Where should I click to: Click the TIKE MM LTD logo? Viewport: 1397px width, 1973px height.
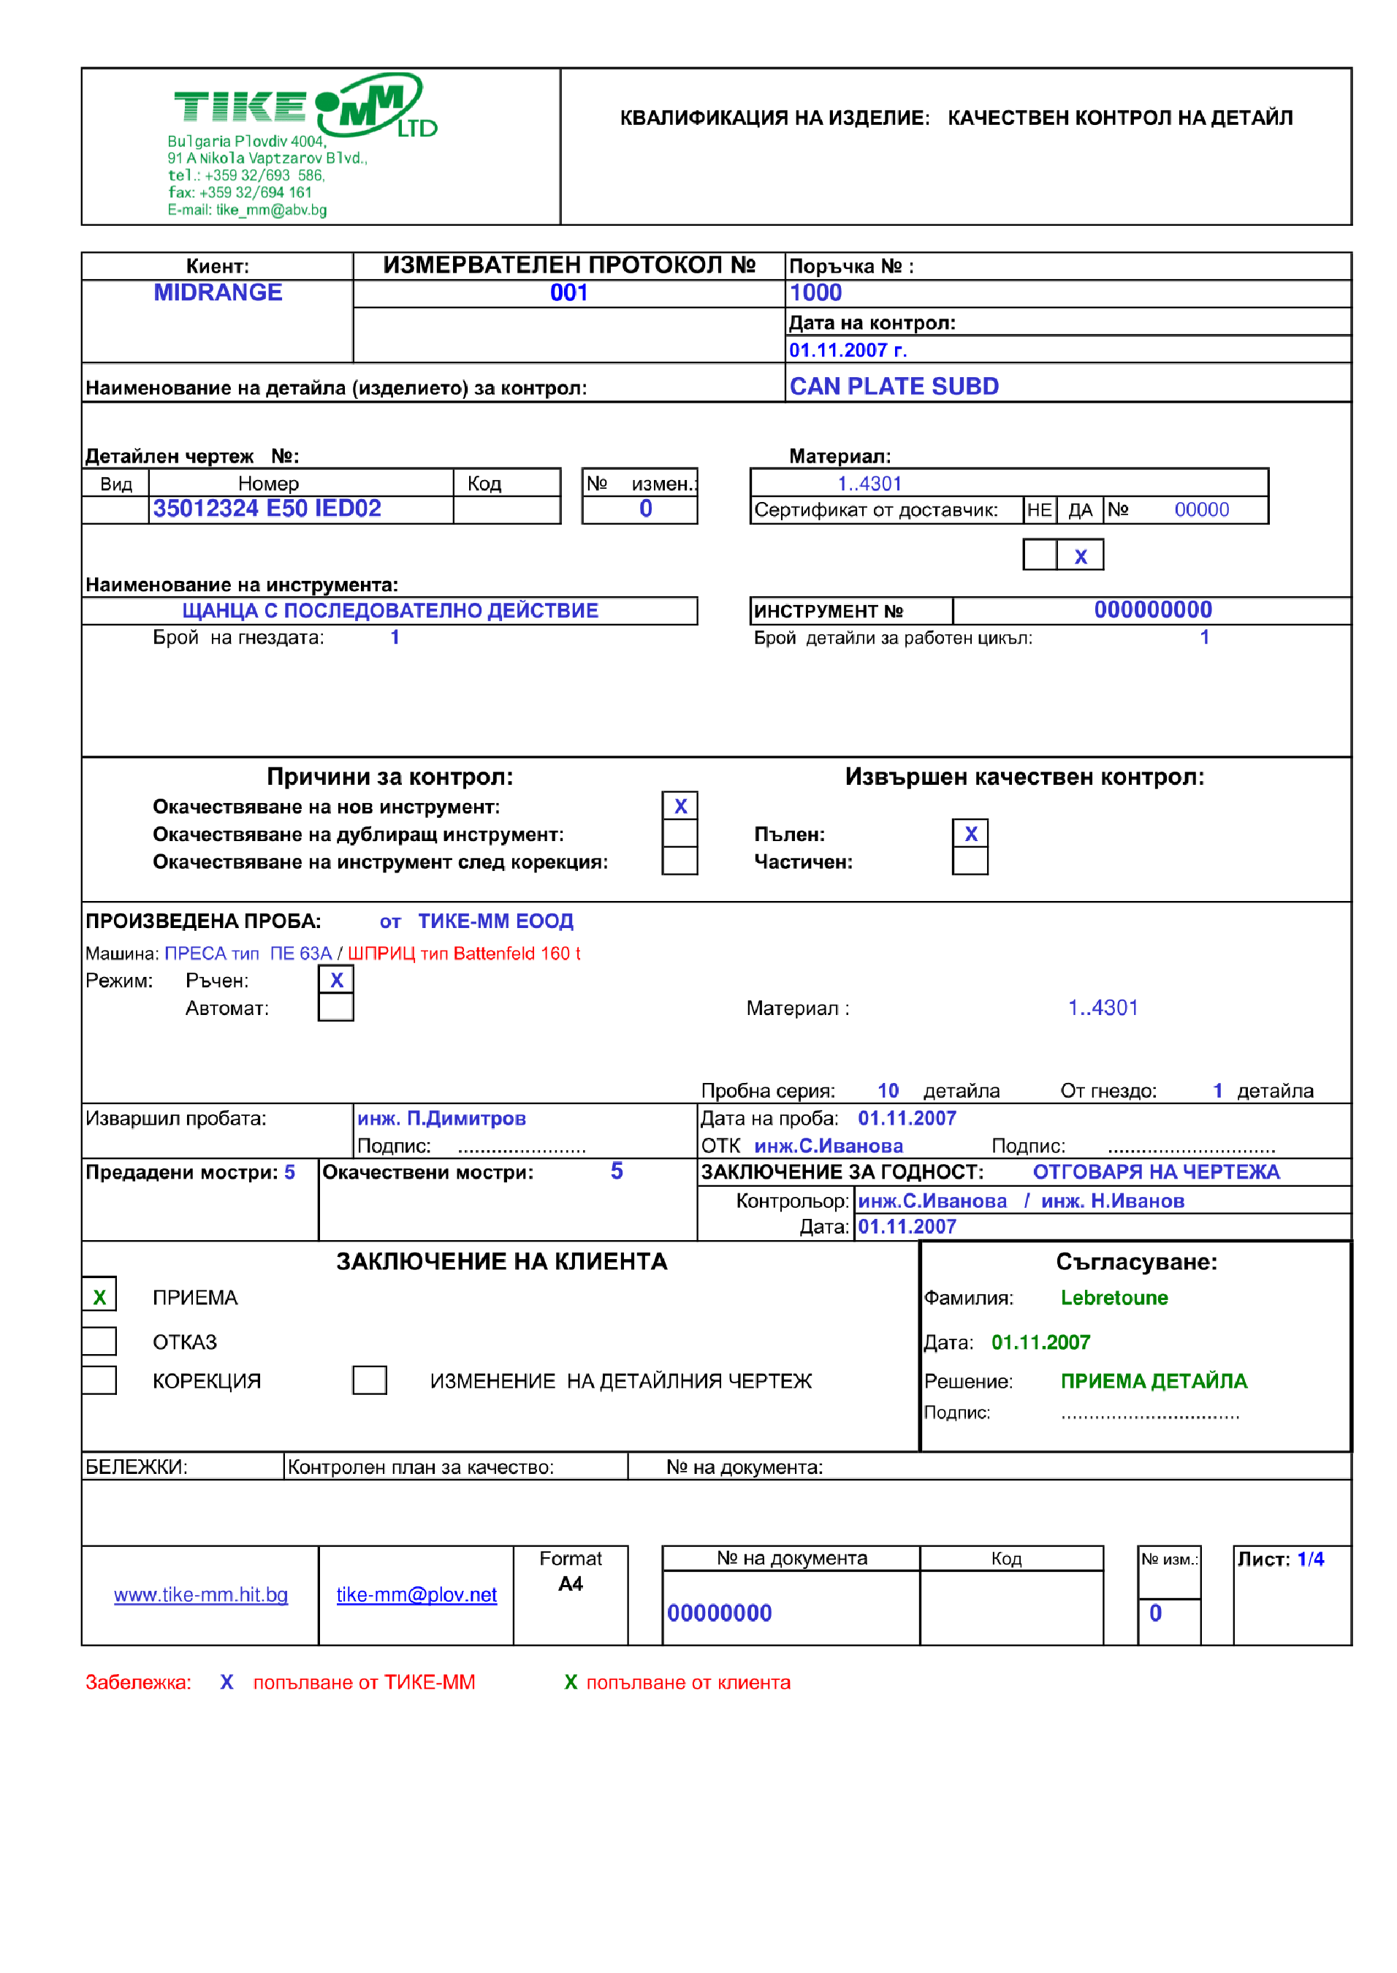tap(305, 107)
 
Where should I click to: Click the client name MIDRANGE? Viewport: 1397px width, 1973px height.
tap(218, 292)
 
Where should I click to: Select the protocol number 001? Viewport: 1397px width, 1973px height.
tap(568, 293)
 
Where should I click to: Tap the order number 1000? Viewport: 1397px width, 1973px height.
tap(815, 293)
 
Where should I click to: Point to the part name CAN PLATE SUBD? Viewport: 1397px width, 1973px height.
tap(894, 386)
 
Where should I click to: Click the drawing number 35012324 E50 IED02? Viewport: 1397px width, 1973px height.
tap(267, 509)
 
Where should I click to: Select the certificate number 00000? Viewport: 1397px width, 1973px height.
tap(1201, 509)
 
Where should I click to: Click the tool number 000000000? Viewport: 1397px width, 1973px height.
tap(1153, 609)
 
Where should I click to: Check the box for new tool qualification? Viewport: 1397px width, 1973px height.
tap(680, 806)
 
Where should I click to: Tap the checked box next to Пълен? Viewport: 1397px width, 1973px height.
tap(970, 833)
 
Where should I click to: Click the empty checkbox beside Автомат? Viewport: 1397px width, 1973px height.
tap(335, 1007)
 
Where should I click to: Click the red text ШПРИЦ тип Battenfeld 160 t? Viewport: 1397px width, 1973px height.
tap(464, 953)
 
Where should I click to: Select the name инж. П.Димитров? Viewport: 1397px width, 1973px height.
tap(441, 1118)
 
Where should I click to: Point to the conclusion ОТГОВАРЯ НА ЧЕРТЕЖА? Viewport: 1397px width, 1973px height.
tap(1155, 1171)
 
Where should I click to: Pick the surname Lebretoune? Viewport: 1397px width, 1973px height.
tap(1114, 1297)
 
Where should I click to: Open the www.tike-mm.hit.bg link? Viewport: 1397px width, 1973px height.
tap(200, 1594)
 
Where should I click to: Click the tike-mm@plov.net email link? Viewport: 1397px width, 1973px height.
tap(416, 1594)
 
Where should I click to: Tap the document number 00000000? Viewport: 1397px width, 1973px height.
tap(719, 1613)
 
